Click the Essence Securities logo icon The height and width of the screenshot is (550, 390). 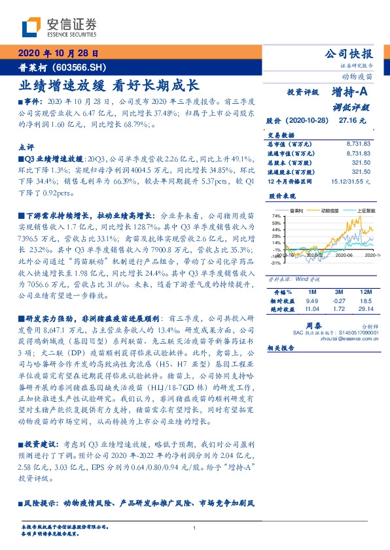(30, 26)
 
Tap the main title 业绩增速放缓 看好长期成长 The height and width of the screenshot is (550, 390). (109, 85)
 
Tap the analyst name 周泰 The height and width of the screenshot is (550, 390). (311, 325)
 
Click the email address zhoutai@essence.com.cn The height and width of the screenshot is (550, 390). (346, 338)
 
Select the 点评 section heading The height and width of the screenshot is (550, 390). (27, 147)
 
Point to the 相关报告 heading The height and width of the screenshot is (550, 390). (281, 349)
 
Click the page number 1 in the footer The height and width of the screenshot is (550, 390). (195, 528)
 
